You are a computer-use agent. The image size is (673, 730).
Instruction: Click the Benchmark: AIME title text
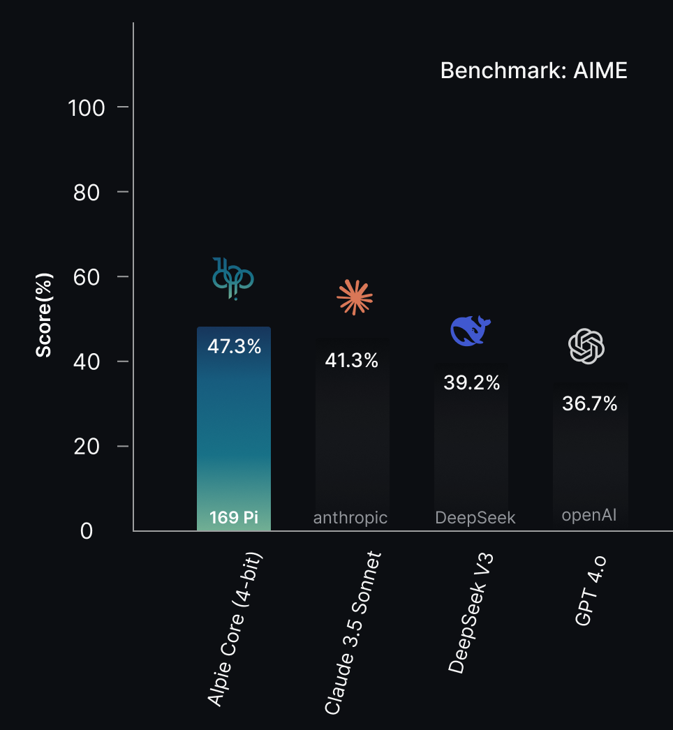click(533, 70)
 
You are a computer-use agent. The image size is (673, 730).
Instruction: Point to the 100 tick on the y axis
click(87, 107)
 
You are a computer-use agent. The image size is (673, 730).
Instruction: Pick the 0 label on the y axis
click(87, 531)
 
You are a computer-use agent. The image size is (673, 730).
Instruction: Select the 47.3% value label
click(234, 346)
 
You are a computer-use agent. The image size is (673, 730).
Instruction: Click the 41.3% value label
click(352, 360)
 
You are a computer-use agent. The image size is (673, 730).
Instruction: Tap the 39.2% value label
click(472, 382)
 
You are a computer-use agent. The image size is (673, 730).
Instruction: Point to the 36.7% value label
click(590, 403)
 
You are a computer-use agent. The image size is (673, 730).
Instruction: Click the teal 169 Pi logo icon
click(233, 278)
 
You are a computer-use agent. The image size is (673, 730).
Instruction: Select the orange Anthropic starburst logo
click(355, 297)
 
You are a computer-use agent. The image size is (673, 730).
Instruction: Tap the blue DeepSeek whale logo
click(471, 330)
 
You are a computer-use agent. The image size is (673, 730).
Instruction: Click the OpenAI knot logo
click(586, 346)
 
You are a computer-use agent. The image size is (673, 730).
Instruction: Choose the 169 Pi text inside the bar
click(234, 518)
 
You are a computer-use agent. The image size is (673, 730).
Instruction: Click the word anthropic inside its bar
click(350, 518)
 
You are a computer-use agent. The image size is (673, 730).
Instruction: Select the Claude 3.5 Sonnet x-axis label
click(354, 633)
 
